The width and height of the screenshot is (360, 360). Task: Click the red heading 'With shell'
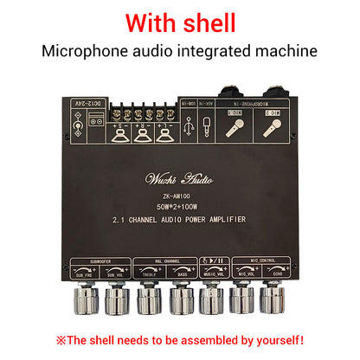[x=180, y=19]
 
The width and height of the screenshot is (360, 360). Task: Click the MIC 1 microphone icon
[x=237, y=129]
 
